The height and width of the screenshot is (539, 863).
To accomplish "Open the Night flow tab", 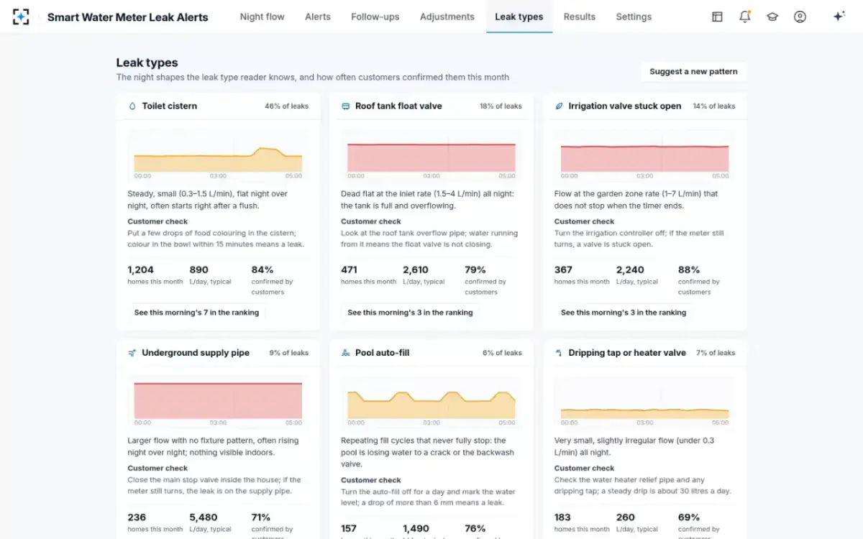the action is [262, 17].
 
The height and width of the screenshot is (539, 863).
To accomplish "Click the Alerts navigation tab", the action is [317, 17].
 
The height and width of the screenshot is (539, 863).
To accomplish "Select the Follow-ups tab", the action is [375, 17].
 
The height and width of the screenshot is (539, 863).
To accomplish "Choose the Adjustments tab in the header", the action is [447, 17].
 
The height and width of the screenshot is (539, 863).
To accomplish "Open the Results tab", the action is [579, 17].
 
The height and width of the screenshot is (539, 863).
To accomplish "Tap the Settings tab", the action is [634, 17].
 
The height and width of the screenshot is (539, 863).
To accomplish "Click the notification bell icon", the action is [745, 17].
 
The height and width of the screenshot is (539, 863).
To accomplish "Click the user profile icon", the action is [800, 17].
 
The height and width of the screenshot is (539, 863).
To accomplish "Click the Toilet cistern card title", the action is [169, 106].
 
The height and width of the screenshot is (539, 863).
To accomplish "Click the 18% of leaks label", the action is [501, 106].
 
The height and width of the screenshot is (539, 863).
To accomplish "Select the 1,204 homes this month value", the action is [140, 269].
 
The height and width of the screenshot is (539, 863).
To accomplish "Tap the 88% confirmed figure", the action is [688, 269].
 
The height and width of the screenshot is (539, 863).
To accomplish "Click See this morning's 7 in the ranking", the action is [196, 312].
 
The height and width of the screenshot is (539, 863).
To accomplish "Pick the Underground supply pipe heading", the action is [196, 353].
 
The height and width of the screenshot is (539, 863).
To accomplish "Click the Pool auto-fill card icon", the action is [346, 353].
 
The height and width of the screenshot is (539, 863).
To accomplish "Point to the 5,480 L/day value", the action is [203, 517].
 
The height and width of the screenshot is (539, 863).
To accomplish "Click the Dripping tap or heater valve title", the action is [627, 353].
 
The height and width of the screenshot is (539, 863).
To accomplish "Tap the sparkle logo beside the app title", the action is [21, 17].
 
